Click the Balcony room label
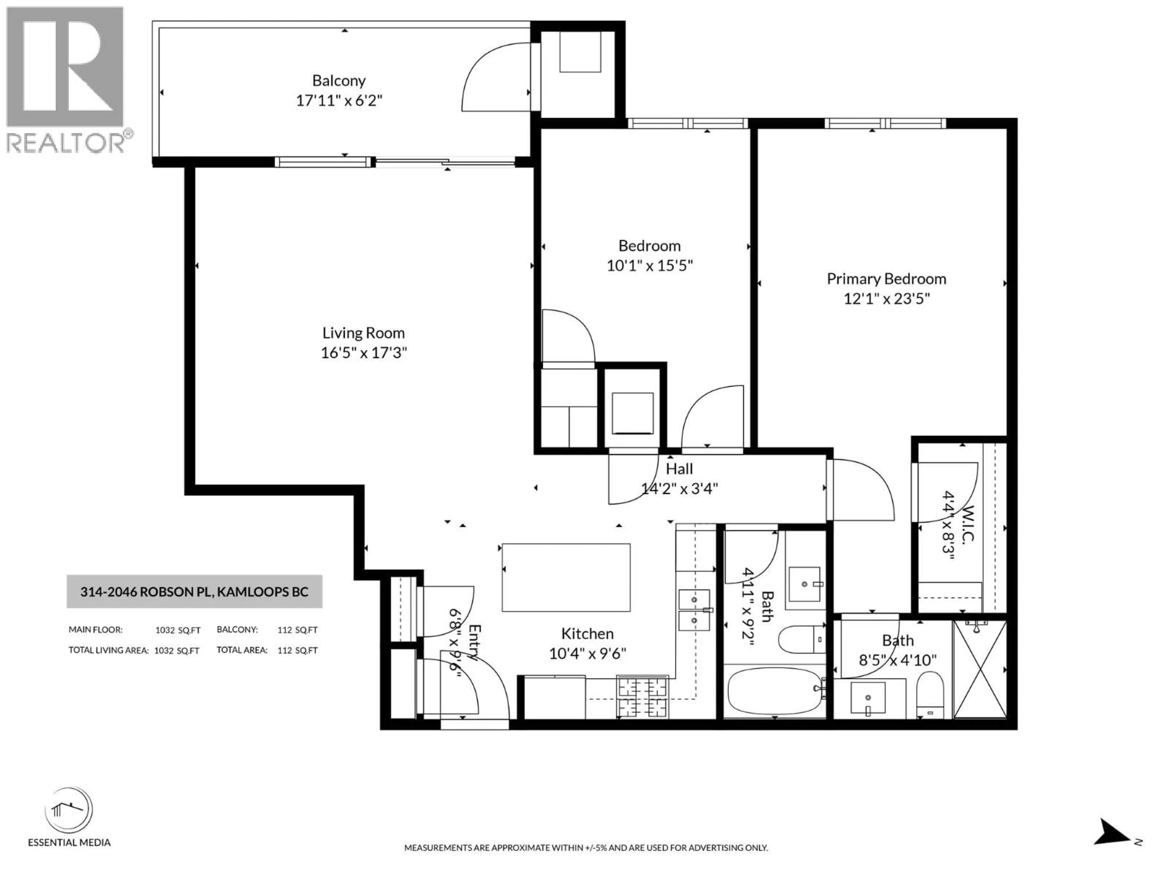click(339, 81)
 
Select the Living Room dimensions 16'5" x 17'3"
click(363, 353)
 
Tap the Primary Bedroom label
click(886, 279)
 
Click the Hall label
click(679, 469)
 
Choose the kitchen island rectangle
click(566, 577)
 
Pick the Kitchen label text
click(587, 634)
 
